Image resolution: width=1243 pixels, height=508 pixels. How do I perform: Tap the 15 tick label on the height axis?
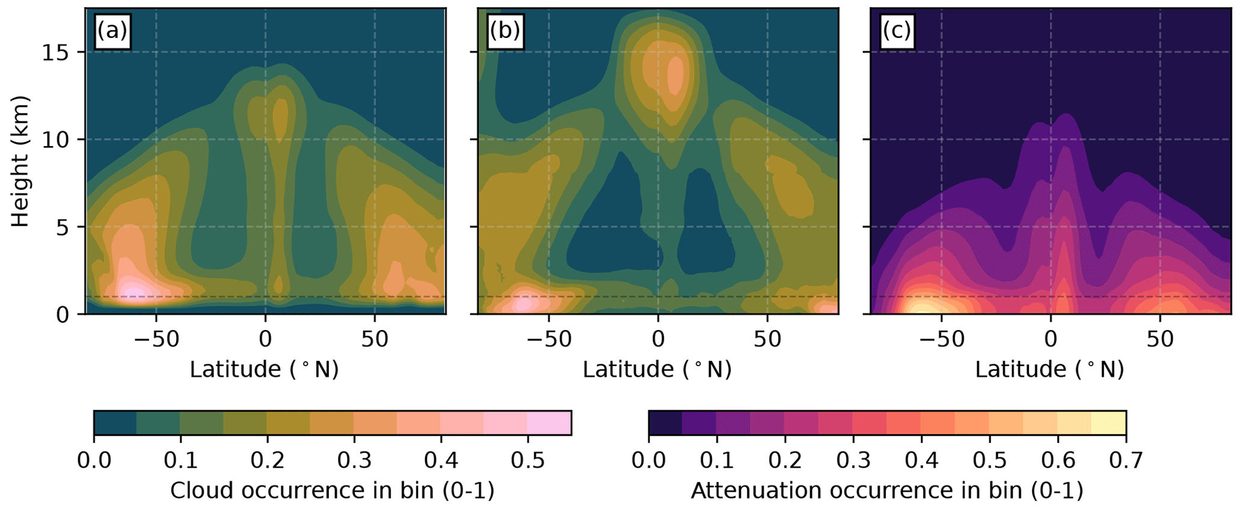pyautogui.click(x=55, y=53)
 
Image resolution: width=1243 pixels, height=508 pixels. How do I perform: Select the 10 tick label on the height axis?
pyautogui.click(x=55, y=140)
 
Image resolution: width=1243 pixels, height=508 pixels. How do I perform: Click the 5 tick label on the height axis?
pyautogui.click(x=63, y=227)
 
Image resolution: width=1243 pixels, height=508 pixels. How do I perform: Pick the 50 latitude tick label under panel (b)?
pyautogui.click(x=767, y=340)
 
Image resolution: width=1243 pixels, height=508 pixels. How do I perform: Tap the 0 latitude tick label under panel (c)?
pyautogui.click(x=1051, y=340)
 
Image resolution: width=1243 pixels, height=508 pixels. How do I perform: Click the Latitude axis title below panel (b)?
pyautogui.click(x=657, y=369)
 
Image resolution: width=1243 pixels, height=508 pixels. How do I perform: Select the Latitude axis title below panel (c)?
pyautogui.click(x=1049, y=369)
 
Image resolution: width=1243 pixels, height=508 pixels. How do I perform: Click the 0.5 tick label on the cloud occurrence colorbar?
pyautogui.click(x=527, y=461)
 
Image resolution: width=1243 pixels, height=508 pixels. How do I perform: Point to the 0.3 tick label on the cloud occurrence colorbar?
pyautogui.click(x=354, y=461)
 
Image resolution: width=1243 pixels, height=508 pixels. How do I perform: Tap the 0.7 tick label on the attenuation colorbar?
pyautogui.click(x=1126, y=461)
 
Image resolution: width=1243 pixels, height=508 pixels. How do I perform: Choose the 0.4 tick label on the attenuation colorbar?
pyautogui.click(x=921, y=461)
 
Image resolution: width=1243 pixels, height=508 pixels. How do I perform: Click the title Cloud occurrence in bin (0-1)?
pyautogui.click(x=332, y=491)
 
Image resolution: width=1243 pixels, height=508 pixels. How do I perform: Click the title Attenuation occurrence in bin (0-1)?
pyautogui.click(x=886, y=491)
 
